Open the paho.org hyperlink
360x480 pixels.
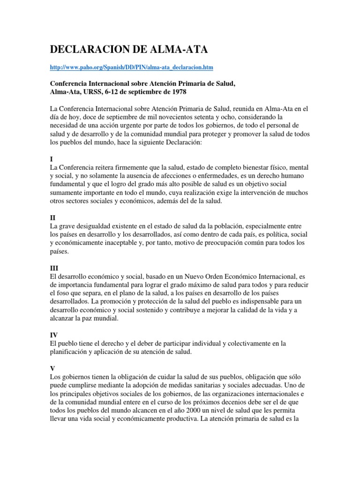131,68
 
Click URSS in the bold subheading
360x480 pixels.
93,91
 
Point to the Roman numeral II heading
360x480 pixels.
52,218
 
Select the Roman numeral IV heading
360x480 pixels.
53,335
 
